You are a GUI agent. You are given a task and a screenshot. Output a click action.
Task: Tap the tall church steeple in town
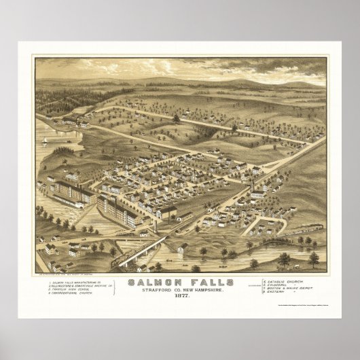252,183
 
